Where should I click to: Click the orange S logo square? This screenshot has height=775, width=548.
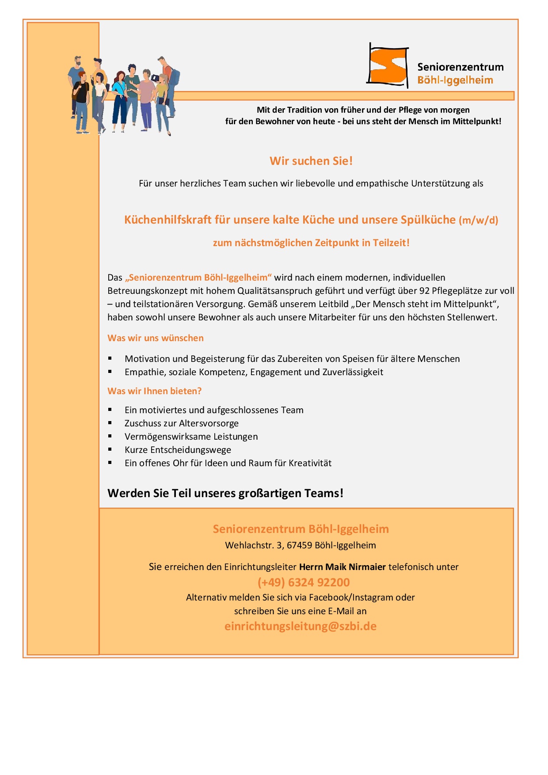[388, 66]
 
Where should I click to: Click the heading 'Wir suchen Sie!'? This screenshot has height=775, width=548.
[311, 161]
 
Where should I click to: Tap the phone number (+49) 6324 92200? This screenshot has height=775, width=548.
[304, 582]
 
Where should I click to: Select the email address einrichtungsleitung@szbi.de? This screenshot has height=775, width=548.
[301, 626]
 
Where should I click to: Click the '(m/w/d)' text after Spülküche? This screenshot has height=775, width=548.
[479, 220]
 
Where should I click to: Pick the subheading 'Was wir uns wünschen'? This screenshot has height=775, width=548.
[156, 338]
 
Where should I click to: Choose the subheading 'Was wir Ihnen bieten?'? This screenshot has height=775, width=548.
[155, 391]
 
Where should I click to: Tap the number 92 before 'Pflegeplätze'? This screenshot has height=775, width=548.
[424, 291]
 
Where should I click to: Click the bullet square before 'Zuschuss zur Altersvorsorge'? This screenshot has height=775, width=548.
[110, 423]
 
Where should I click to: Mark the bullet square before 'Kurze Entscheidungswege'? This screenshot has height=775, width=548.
[110, 449]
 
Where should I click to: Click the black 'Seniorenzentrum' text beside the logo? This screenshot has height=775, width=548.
[460, 67]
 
